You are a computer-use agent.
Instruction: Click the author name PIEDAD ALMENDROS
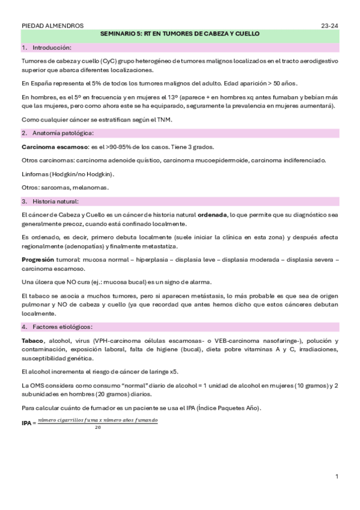(x=52, y=26)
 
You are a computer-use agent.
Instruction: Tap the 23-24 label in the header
(x=329, y=26)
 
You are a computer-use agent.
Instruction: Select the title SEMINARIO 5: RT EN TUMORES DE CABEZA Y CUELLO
(x=180, y=35)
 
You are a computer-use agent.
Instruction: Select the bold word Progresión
(x=38, y=259)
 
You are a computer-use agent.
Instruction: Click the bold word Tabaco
(x=32, y=341)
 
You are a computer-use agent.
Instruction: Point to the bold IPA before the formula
(x=27, y=423)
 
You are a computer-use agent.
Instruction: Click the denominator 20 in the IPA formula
(x=97, y=428)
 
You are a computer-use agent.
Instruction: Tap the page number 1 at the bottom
(x=337, y=477)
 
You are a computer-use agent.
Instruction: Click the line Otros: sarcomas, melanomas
(x=65, y=188)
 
